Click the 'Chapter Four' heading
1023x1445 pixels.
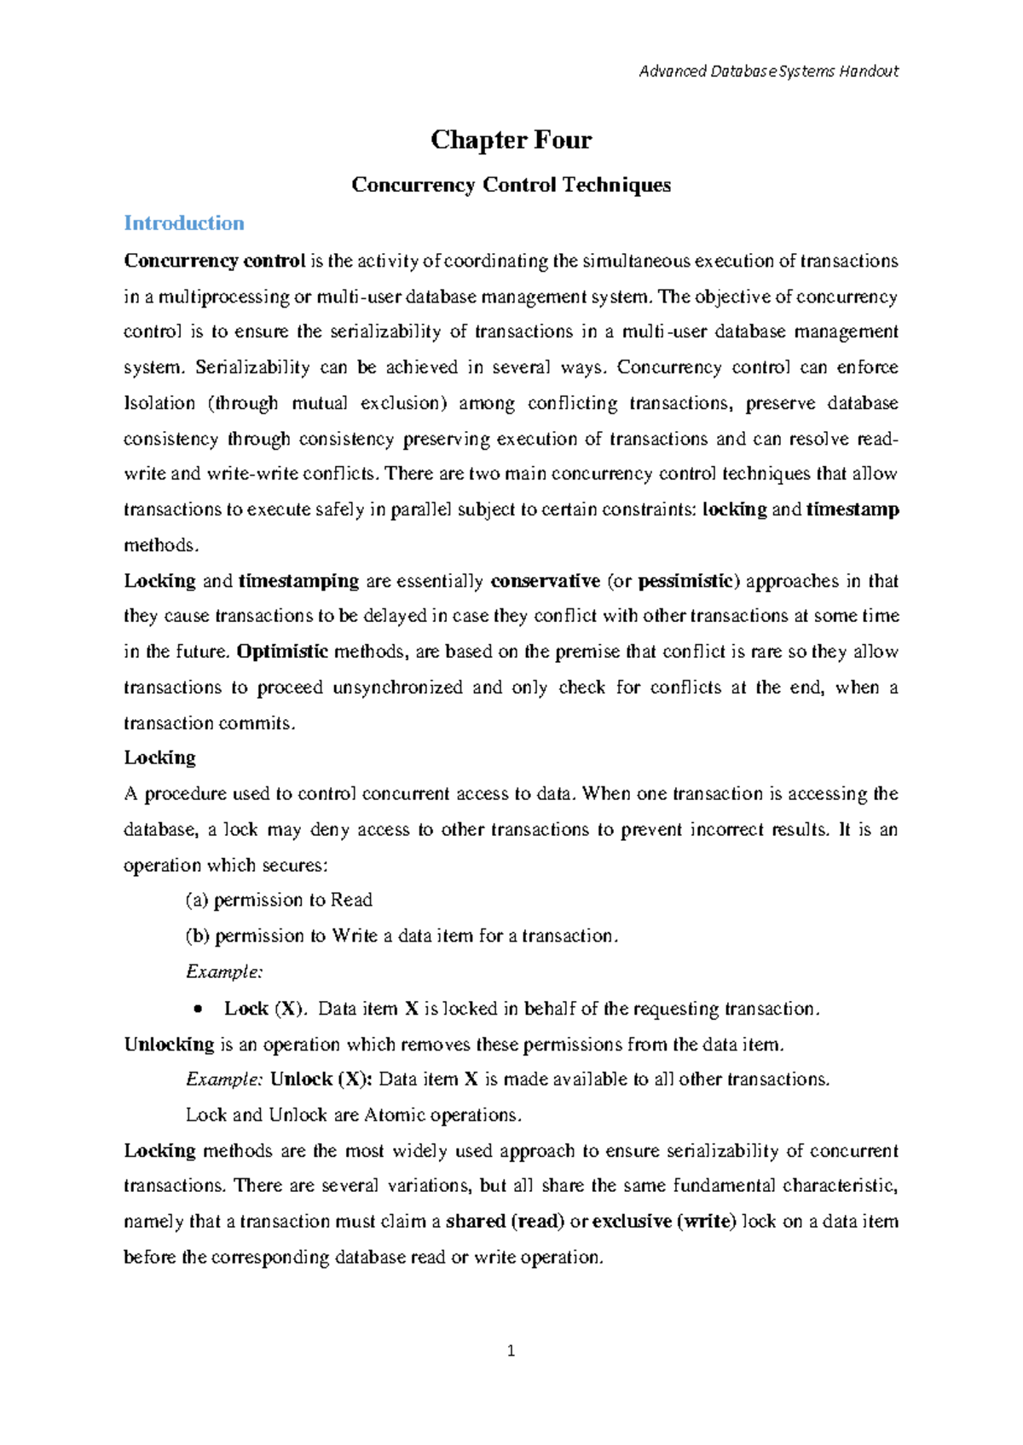tap(511, 140)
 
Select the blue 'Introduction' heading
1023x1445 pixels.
tap(184, 223)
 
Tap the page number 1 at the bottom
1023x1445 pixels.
tap(511, 1350)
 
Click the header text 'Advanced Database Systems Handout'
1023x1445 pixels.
tap(768, 72)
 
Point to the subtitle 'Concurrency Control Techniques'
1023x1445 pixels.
tap(511, 185)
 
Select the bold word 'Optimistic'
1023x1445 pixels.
tap(282, 652)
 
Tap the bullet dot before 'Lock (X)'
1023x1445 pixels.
tap(198, 1009)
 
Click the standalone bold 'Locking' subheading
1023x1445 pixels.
tap(159, 757)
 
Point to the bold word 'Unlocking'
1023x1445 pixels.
tap(169, 1044)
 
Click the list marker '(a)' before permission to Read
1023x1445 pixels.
tap(197, 900)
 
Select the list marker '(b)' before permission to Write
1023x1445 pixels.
tap(198, 936)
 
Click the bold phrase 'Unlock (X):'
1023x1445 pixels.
tap(321, 1079)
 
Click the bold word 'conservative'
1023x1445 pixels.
tap(546, 581)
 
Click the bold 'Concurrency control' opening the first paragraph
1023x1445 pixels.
tap(215, 261)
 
